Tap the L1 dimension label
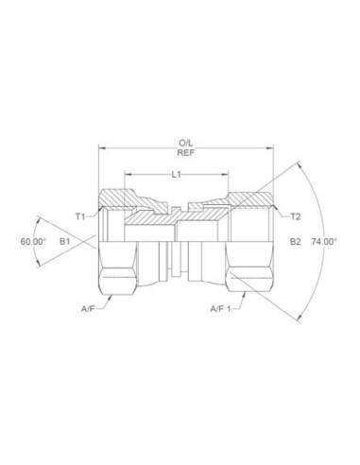[177, 175]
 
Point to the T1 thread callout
[81, 215]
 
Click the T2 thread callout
[295, 215]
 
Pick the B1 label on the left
[65, 242]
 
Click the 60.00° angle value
[32, 242]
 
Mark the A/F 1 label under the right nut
[222, 307]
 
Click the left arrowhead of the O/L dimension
[102, 148]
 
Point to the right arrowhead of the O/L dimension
[273, 148]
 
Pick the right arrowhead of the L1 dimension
[229, 175]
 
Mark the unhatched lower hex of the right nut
[250, 280]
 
